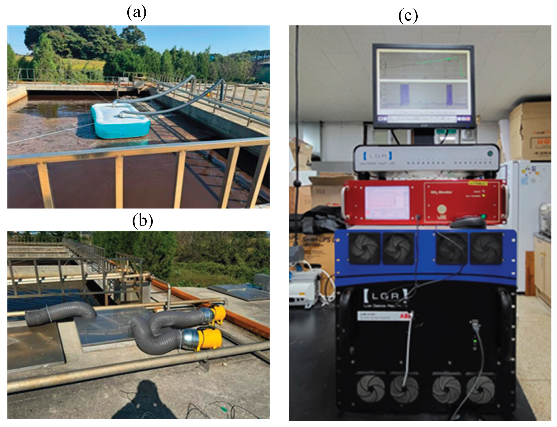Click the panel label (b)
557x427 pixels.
coord(143,220)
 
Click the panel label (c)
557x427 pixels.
coord(408,16)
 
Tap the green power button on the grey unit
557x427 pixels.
coord(490,154)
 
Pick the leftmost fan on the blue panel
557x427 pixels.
coord(365,248)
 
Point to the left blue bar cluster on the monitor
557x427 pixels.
coord(405,95)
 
